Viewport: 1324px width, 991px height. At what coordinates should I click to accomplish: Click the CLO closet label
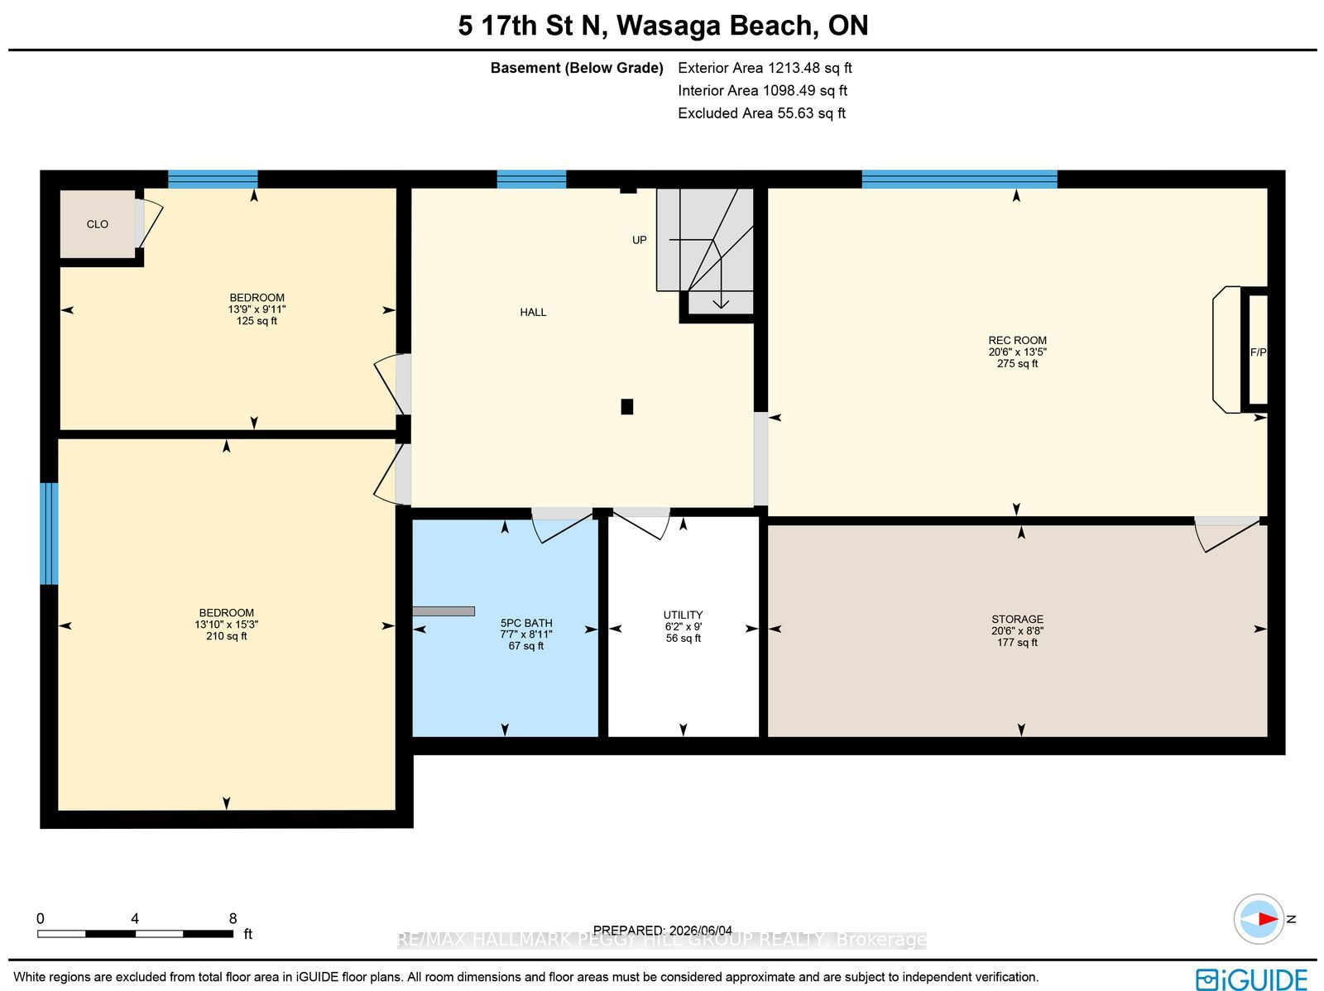pos(97,224)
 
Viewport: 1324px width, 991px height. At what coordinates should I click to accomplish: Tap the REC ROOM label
pos(1017,340)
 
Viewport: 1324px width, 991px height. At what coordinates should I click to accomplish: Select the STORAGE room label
pos(1017,619)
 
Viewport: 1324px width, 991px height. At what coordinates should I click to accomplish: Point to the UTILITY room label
pos(683,615)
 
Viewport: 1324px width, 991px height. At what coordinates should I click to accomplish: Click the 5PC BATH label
pos(526,623)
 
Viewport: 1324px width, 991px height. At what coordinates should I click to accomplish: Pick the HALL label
pos(533,312)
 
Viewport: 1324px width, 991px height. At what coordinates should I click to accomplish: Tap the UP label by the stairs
pos(640,240)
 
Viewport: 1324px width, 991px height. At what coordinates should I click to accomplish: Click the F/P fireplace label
pos(1258,352)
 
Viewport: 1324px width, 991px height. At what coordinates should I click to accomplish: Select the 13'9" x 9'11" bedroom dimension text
pos(257,309)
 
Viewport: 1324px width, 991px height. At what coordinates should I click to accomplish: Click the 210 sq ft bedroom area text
pos(226,636)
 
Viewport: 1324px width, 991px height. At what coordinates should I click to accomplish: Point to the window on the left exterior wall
pos(49,534)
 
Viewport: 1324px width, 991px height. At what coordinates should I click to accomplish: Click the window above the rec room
pos(959,179)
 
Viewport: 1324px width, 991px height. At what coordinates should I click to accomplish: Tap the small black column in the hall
pos(626,407)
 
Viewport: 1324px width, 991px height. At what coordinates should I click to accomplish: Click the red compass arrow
pos(1267,919)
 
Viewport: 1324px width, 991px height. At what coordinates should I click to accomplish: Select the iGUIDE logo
pos(1252,979)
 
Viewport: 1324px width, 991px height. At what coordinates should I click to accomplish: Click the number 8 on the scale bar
pos(233,919)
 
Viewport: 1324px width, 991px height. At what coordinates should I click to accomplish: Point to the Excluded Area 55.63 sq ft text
pos(761,113)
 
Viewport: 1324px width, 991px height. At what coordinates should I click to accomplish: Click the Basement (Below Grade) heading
pos(577,68)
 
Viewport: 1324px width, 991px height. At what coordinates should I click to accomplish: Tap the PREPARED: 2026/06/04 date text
pos(662,931)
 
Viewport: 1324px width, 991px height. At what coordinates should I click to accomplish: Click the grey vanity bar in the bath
pos(444,611)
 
